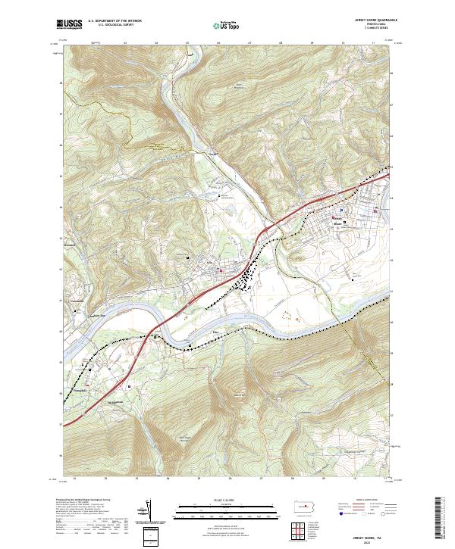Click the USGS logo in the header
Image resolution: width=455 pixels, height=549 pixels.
(x=69, y=24)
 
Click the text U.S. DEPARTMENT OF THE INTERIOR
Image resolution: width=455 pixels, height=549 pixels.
(x=115, y=21)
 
